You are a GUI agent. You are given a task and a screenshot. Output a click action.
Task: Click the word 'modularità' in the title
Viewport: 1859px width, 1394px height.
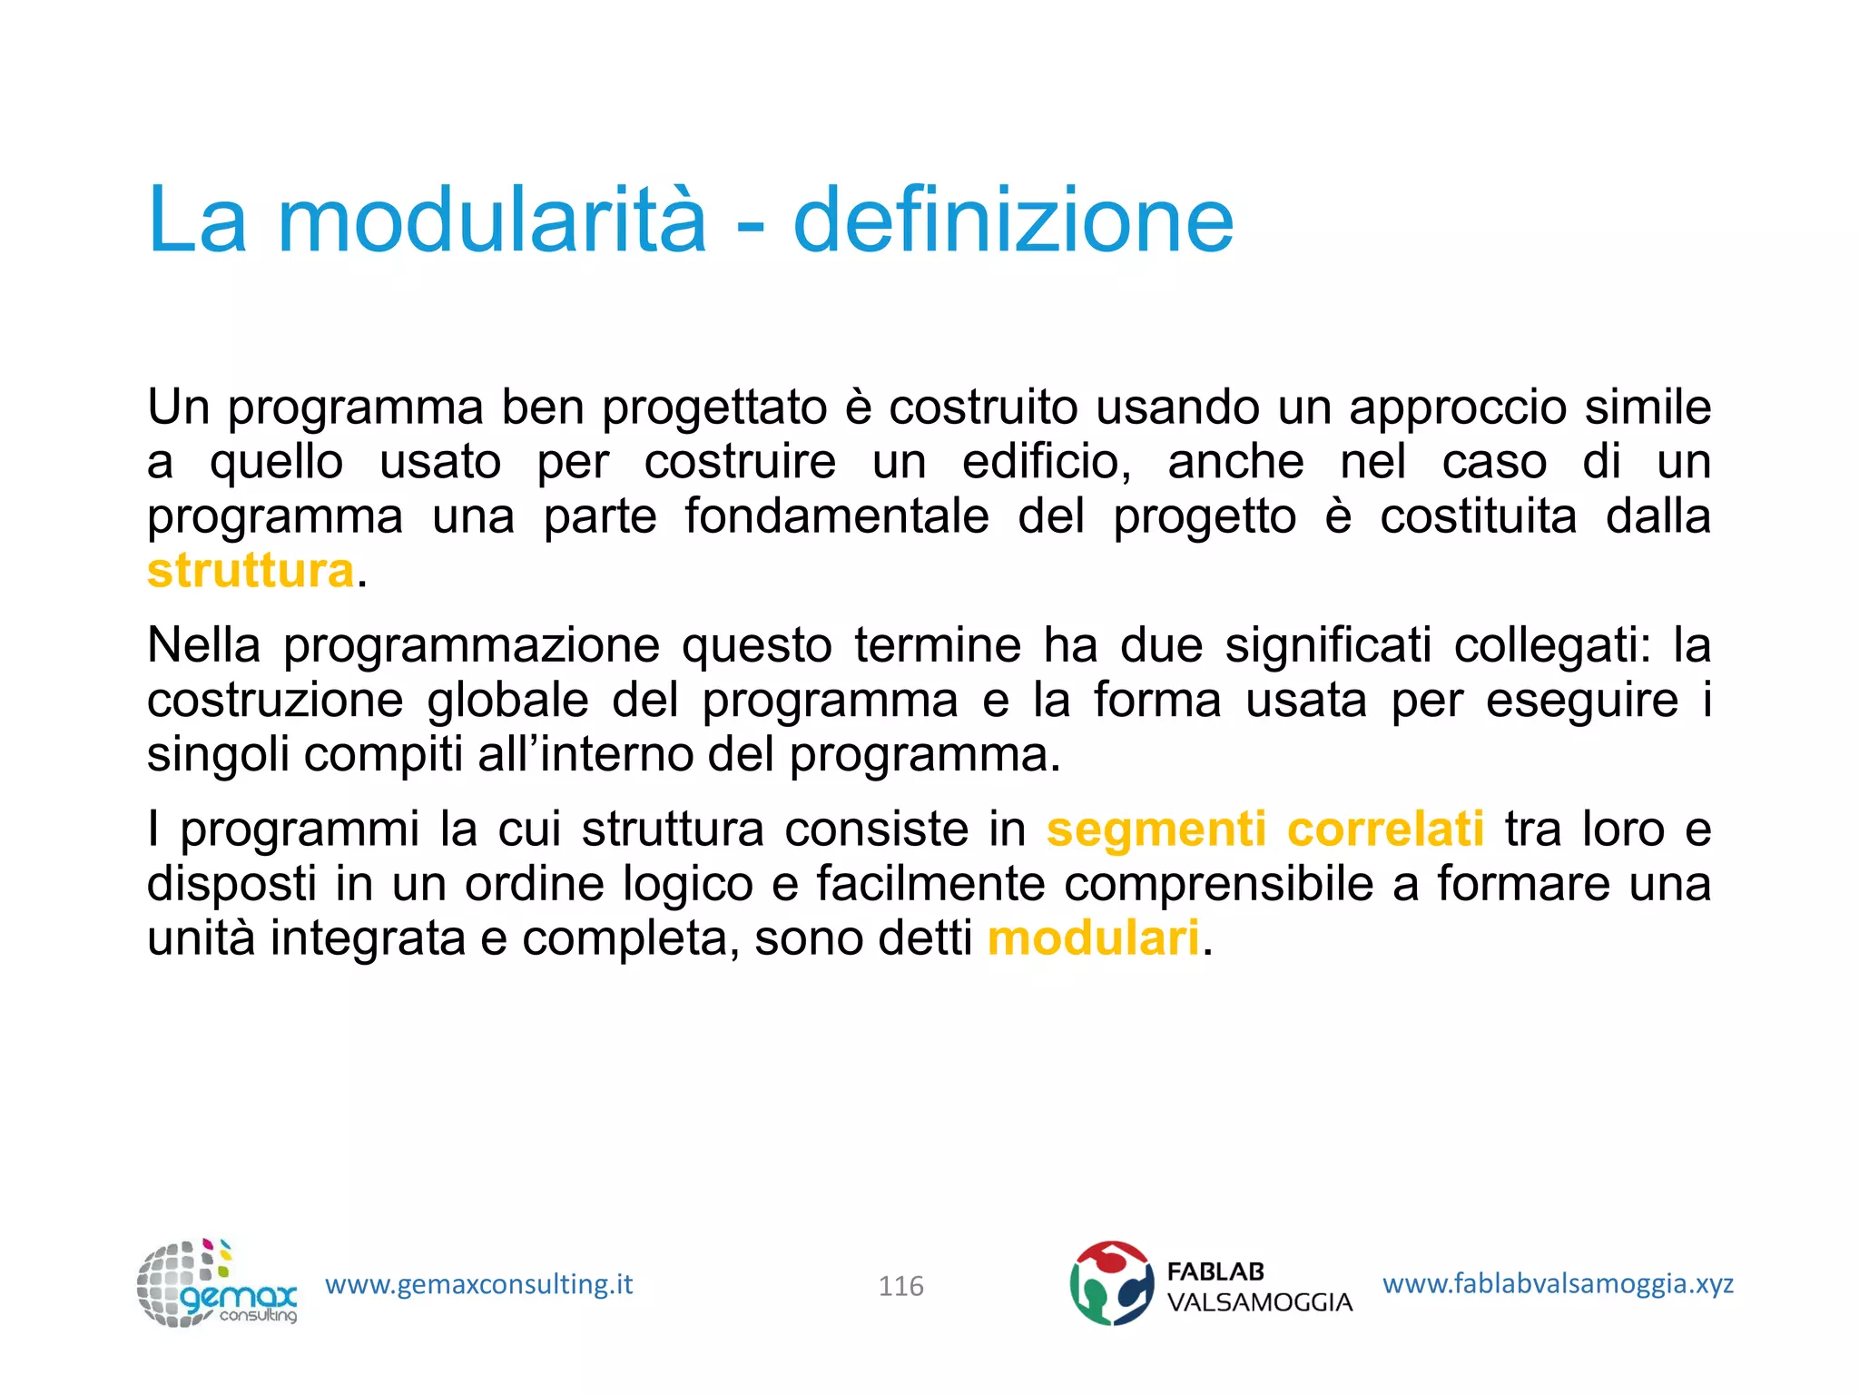[x=491, y=221]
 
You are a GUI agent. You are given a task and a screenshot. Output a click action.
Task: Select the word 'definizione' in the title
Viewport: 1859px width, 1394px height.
[x=1013, y=221]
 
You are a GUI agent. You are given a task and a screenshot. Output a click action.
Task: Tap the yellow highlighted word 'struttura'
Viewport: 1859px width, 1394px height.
[x=251, y=572]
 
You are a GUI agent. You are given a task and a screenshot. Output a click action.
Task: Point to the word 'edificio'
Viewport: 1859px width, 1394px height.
[x=1046, y=462]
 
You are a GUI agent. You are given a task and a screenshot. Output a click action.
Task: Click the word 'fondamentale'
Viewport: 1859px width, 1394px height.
[x=836, y=517]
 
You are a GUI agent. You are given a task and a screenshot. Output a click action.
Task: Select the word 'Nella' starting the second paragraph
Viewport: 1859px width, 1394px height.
[x=203, y=645]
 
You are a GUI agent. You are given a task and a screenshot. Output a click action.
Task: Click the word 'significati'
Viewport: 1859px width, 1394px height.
[x=1328, y=645]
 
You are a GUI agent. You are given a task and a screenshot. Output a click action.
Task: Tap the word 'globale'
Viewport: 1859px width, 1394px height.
[x=507, y=701]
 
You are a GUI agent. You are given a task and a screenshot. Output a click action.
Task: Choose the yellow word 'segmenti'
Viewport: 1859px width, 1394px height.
[x=1156, y=830]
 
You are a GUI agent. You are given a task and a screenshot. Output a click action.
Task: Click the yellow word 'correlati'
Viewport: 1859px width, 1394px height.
[x=1385, y=830]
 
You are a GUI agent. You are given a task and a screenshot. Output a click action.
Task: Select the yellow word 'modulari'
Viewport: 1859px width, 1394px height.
[x=1093, y=938]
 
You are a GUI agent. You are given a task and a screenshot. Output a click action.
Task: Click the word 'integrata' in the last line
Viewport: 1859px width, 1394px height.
[x=368, y=938]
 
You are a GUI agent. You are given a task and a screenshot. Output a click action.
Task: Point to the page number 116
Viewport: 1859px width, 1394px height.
[x=900, y=1286]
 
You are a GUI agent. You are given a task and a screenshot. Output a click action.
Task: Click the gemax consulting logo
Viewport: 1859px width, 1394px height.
[x=217, y=1284]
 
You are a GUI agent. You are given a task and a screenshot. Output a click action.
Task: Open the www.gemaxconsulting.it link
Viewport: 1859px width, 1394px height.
[x=478, y=1284]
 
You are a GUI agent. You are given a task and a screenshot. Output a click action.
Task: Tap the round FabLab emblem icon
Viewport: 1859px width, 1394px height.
[x=1111, y=1283]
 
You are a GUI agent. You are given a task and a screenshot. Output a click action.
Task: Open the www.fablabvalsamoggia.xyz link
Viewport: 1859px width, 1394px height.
[x=1558, y=1283]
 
